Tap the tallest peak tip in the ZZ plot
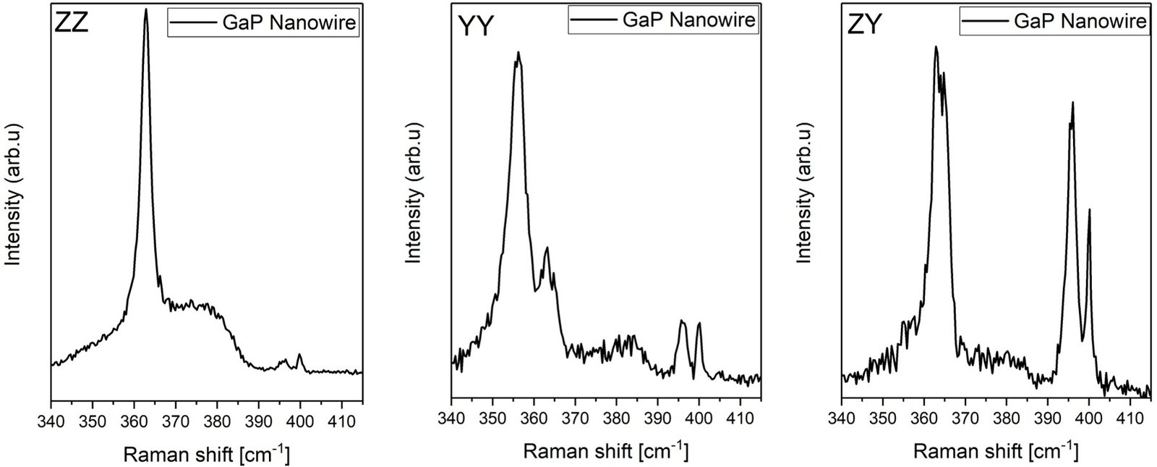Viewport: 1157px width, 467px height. point(146,10)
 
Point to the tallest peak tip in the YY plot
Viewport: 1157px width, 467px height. point(518,53)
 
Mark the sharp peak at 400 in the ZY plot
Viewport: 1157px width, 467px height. point(1089,210)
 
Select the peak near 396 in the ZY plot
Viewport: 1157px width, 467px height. point(1072,103)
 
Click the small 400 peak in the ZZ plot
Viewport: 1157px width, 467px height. point(300,354)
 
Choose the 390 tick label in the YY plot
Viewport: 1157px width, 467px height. point(657,419)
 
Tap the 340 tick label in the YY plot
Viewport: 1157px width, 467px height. point(451,419)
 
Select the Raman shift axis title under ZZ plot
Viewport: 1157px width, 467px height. point(207,455)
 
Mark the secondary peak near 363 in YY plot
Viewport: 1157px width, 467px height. point(547,248)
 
